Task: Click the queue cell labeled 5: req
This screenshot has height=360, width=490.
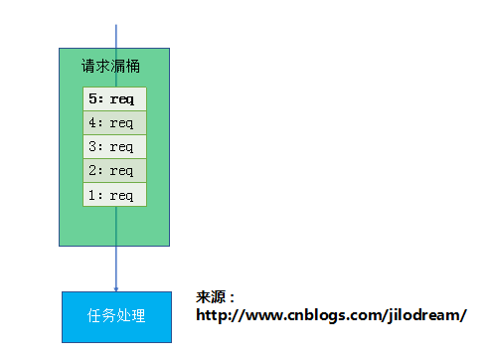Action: click(x=114, y=98)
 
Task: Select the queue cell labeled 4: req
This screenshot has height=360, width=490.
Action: click(x=114, y=122)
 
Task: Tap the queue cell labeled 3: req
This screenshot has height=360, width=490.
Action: click(x=114, y=146)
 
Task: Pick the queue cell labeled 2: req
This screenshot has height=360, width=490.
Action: click(x=114, y=170)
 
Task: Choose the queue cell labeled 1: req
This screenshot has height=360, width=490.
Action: click(x=114, y=195)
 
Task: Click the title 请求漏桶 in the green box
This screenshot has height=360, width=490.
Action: click(x=110, y=66)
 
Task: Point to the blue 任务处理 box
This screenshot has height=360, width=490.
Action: click(x=116, y=317)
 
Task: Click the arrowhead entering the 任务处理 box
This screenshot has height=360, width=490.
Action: click(x=116, y=289)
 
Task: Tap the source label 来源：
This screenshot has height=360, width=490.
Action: click(x=216, y=297)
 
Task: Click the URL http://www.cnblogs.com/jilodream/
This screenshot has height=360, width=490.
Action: click(x=331, y=315)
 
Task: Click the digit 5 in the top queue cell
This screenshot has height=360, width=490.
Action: click(x=92, y=98)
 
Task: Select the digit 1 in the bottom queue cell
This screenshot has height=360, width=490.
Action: click(x=92, y=195)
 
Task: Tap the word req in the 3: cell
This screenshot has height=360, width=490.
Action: click(x=121, y=147)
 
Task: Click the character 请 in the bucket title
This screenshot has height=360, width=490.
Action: click(x=88, y=66)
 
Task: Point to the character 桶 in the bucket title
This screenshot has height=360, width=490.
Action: click(x=133, y=66)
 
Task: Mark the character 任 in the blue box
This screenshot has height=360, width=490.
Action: click(x=94, y=315)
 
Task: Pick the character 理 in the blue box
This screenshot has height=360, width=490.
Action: click(x=138, y=315)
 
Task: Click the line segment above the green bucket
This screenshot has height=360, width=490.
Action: click(x=116, y=37)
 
